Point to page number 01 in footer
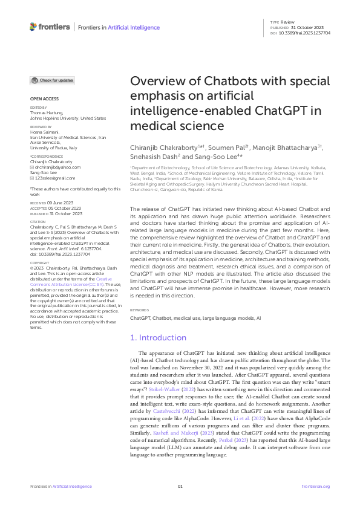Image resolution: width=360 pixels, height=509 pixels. tap(180, 486)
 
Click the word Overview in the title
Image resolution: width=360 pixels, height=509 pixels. tap(159, 82)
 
